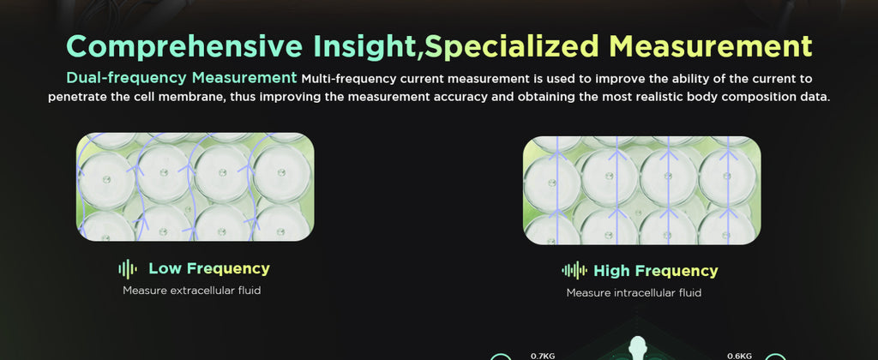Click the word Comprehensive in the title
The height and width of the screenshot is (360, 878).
tap(184, 46)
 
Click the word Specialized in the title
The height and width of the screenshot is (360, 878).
tap(512, 46)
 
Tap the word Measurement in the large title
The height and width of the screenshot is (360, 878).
tap(711, 46)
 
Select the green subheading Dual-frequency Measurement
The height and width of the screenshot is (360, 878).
tap(182, 78)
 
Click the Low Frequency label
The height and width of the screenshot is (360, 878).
tap(209, 269)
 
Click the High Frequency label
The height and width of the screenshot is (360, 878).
tap(656, 271)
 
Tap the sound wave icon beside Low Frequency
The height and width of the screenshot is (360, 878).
tap(128, 269)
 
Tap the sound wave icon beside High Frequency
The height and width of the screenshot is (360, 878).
tap(574, 271)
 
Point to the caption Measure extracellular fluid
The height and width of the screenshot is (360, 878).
tap(191, 291)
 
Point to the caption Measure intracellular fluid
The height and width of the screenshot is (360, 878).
tap(634, 293)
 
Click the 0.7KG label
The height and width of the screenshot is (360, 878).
tap(542, 355)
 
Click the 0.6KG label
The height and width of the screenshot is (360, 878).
tap(738, 356)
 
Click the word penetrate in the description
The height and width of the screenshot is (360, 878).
tap(75, 97)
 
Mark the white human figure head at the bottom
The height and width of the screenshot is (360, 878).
tap(637, 343)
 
